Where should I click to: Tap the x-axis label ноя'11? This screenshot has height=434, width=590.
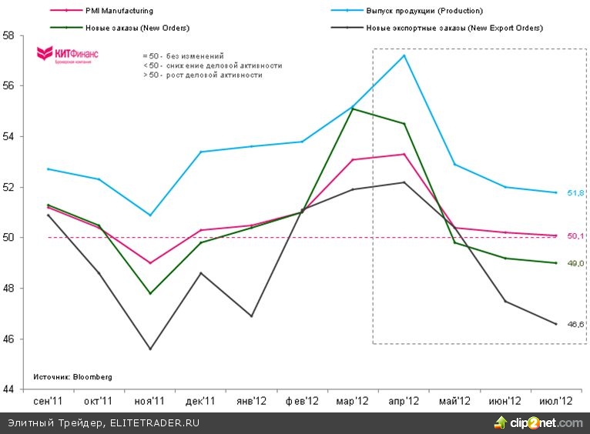(149, 401)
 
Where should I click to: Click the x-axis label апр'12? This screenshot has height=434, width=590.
(403, 401)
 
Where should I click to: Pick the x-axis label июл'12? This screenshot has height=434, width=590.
(555, 401)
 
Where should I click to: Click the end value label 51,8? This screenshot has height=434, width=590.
(575, 192)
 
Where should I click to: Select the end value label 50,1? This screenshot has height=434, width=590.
(575, 235)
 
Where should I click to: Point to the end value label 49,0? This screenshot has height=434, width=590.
(575, 263)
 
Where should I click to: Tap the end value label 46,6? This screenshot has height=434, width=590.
(575, 324)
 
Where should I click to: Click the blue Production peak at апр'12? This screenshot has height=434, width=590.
(404, 55)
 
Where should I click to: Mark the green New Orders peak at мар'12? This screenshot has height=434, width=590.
(352, 108)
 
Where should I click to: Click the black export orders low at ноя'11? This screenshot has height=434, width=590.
(149, 349)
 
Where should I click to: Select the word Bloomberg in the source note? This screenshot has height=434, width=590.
(92, 377)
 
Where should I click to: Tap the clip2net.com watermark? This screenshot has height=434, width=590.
(538, 422)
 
